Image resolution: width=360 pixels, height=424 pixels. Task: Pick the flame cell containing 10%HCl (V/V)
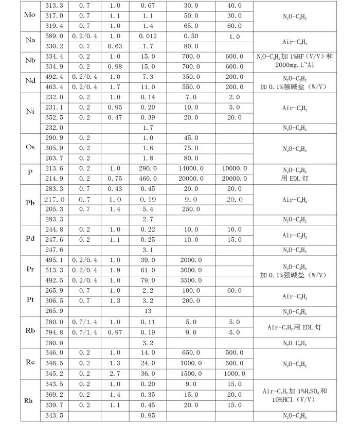(x=299, y=399)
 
